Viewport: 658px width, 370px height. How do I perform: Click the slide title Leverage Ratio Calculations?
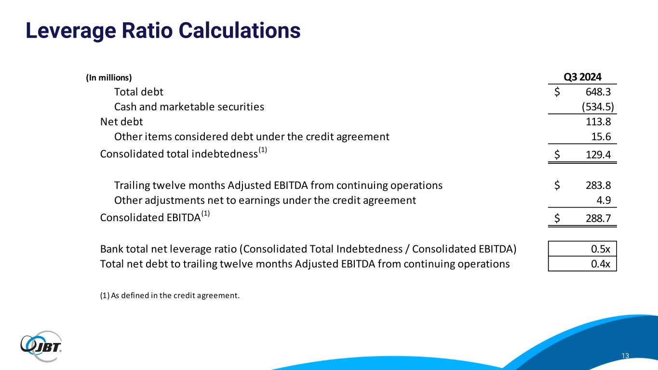(163, 30)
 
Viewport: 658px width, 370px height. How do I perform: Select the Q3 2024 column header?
(582, 77)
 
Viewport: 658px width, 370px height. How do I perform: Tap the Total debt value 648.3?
(598, 92)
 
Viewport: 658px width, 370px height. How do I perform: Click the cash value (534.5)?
(598, 106)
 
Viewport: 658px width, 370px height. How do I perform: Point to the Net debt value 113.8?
(598, 121)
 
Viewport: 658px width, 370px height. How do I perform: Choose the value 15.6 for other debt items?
(601, 136)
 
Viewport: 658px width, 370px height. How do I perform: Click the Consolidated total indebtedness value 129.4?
(598, 155)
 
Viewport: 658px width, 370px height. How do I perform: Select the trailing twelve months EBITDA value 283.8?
(598, 185)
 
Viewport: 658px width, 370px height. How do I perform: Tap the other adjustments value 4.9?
(604, 200)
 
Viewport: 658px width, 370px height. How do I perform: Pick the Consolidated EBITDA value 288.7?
(598, 218)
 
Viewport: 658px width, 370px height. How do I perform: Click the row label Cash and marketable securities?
(189, 106)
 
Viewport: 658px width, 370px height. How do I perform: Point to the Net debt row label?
(121, 121)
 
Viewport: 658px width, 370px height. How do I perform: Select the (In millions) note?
(108, 78)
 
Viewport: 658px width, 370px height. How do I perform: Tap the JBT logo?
(41, 346)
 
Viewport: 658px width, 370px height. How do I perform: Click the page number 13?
(625, 356)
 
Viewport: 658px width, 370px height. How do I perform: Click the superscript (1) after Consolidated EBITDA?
(205, 213)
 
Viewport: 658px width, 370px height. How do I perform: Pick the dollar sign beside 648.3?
(557, 92)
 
